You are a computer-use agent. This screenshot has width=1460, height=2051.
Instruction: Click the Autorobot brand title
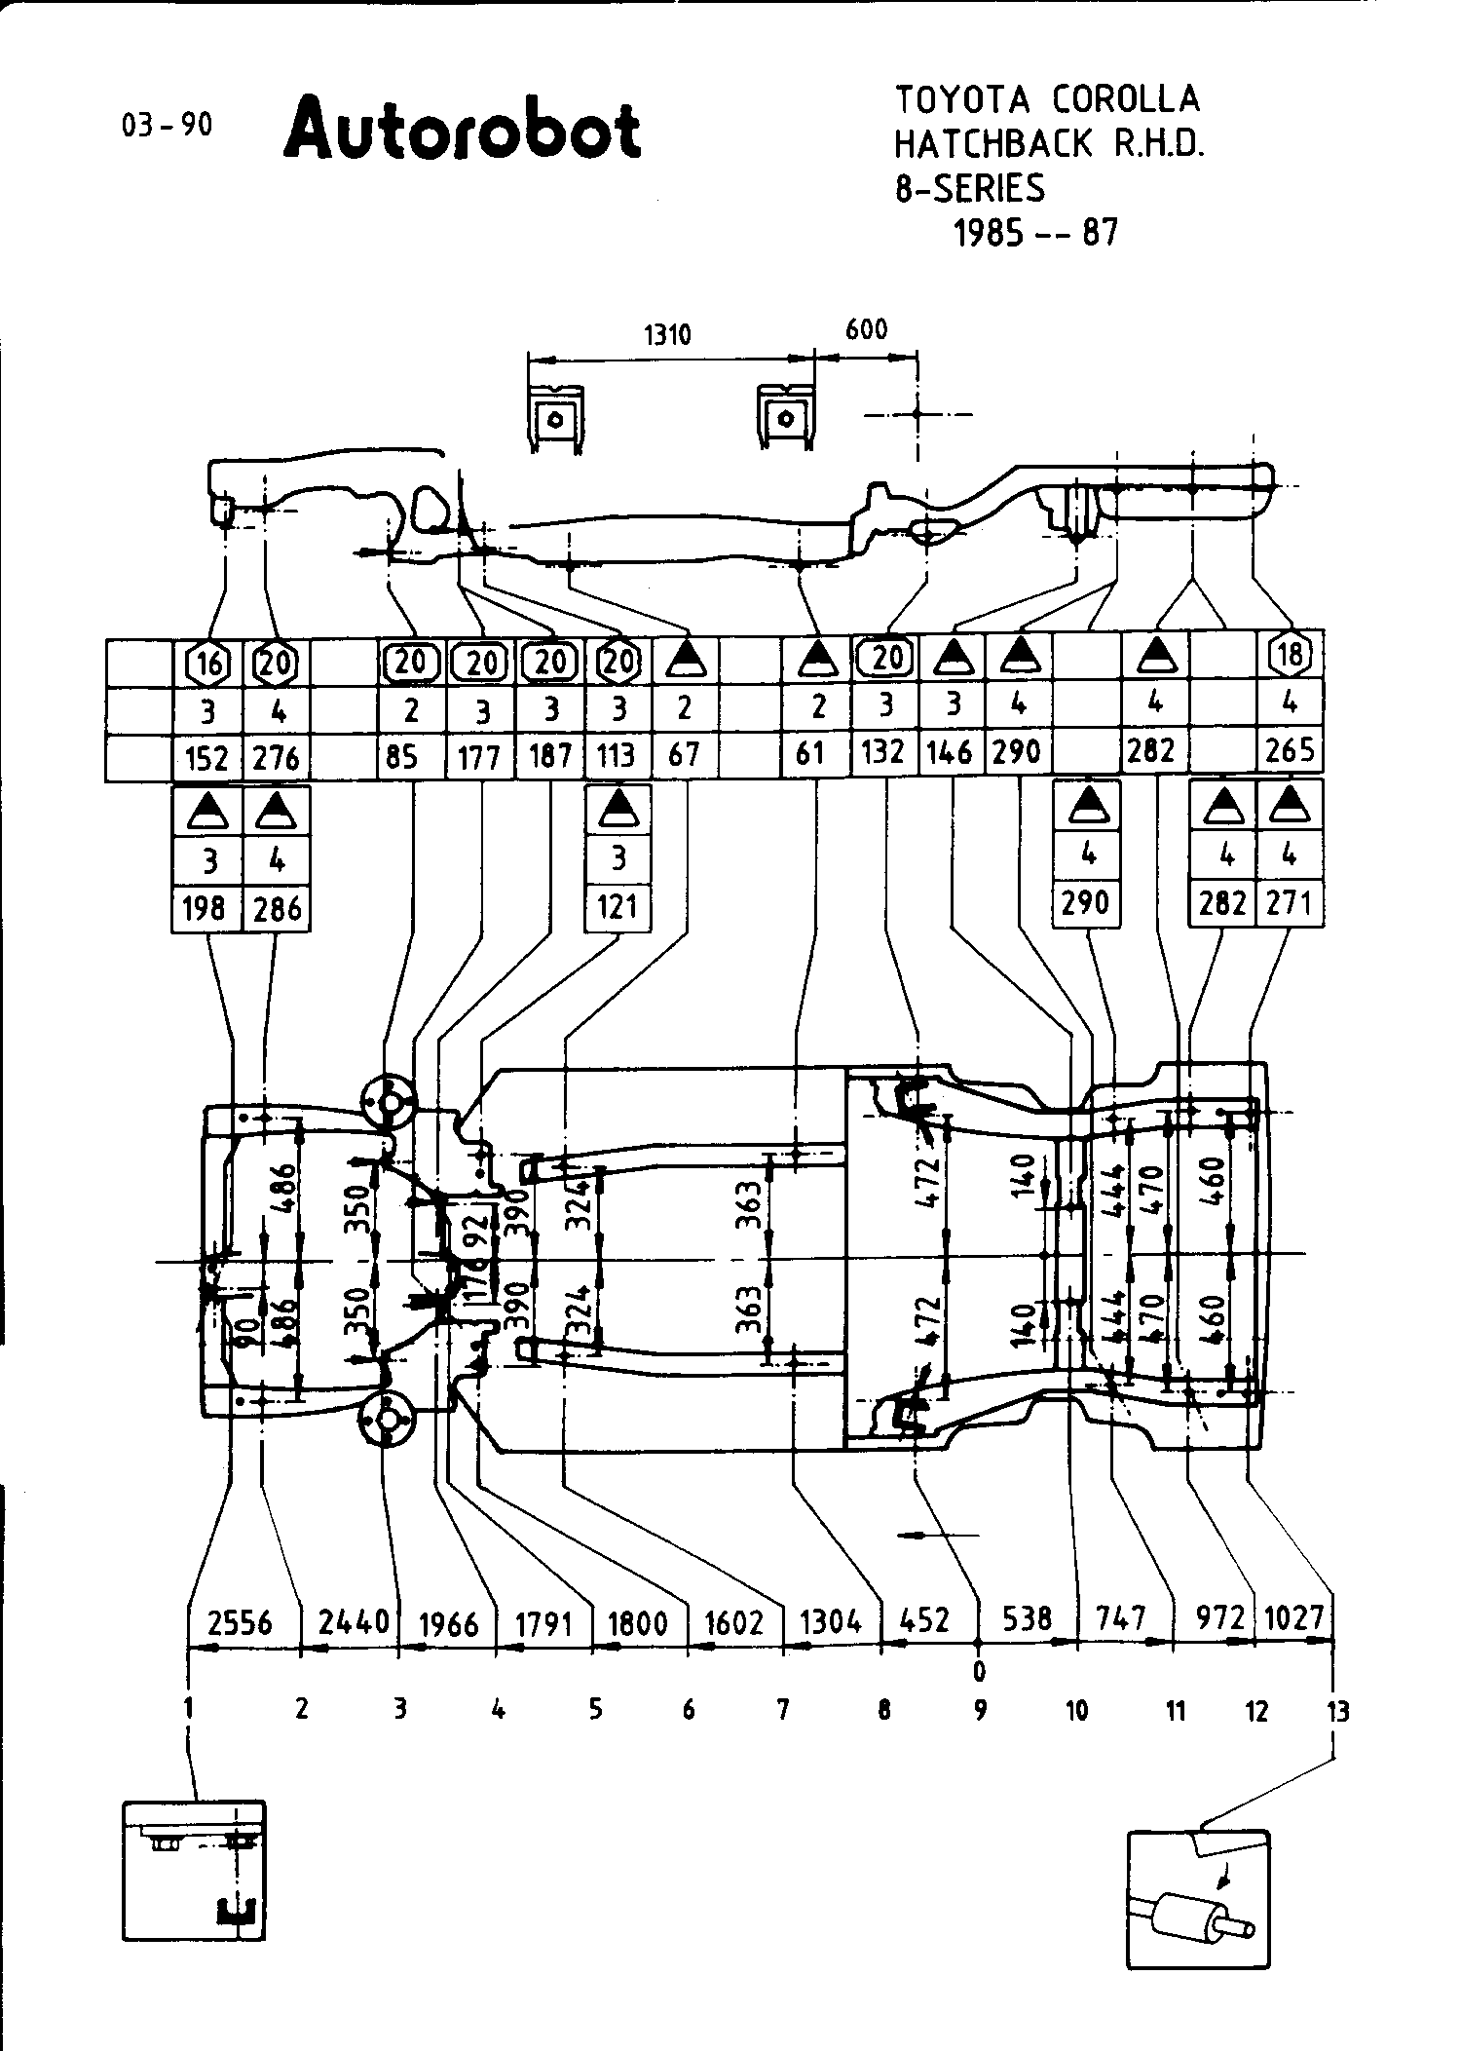pyautogui.click(x=463, y=129)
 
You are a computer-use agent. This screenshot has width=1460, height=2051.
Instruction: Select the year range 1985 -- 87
pyautogui.click(x=1035, y=232)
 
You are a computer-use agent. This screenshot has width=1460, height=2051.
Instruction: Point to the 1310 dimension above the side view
pyautogui.click(x=667, y=335)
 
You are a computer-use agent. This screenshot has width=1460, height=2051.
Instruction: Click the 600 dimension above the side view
pyautogui.click(x=866, y=329)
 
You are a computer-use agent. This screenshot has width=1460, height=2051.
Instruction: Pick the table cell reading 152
pyautogui.click(x=207, y=758)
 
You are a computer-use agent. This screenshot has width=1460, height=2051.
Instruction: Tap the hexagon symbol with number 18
pyautogui.click(x=1291, y=655)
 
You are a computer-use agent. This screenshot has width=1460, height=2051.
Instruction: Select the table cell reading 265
pyautogui.click(x=1291, y=750)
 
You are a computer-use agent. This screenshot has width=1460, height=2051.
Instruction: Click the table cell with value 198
pyautogui.click(x=206, y=909)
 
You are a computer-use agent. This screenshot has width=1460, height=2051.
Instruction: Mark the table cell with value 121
pyautogui.click(x=618, y=907)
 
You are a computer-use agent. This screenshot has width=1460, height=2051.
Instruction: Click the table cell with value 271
pyautogui.click(x=1291, y=903)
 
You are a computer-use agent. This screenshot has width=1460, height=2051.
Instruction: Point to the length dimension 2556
pyautogui.click(x=240, y=1623)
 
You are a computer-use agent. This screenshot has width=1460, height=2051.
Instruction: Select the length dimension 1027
pyautogui.click(x=1294, y=1618)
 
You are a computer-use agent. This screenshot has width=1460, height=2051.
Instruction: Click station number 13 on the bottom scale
pyautogui.click(x=1338, y=1710)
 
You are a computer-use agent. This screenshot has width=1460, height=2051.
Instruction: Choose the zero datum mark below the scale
pyautogui.click(x=979, y=1672)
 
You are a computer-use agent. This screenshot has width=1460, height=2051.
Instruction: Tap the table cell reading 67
pyautogui.click(x=684, y=754)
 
